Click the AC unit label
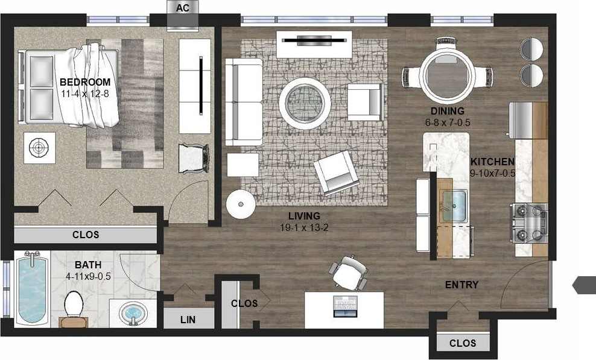182,8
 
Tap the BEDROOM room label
85,83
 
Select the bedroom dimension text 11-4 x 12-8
85,93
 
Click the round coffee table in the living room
305,104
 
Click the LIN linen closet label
188,320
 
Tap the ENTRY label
461,285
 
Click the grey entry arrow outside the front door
583,284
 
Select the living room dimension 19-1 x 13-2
304,227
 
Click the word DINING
447,111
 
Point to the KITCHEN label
492,162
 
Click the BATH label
89,265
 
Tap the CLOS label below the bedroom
85,235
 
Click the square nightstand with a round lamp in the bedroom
40,147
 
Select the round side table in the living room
241,204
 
